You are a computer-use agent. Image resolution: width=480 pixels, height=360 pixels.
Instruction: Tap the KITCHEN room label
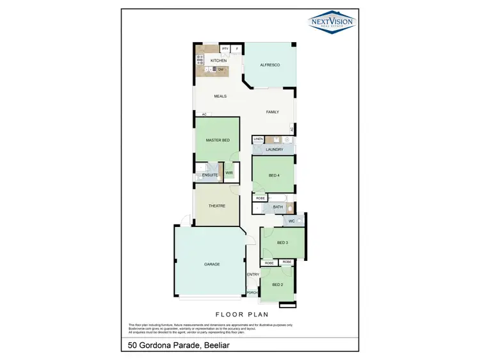pyautogui.click(x=209, y=61)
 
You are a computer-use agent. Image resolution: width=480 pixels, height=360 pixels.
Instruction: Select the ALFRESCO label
pyautogui.click(x=269, y=65)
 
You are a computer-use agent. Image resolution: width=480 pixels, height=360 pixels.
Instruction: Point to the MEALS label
pyautogui.click(x=220, y=97)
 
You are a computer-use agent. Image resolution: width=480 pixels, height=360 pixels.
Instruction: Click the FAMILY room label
pyautogui.click(x=273, y=112)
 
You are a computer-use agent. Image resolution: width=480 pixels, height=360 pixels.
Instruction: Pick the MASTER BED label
pyautogui.click(x=218, y=140)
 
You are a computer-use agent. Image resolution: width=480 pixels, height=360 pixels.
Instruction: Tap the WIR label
pyautogui.click(x=228, y=173)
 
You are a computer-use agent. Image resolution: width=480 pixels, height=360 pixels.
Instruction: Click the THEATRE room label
pyautogui.click(x=217, y=206)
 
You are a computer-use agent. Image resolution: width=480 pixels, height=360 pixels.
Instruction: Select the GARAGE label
pyautogui.click(x=212, y=264)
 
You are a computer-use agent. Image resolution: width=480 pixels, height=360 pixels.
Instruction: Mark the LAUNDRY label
pyautogui.click(x=274, y=150)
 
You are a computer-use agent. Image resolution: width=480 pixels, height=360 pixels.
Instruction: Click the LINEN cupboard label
pyautogui.click(x=258, y=139)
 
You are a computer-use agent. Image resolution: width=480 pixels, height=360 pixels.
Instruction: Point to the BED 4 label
pyautogui.click(x=274, y=175)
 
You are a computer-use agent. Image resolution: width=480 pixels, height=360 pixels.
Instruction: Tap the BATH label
pyautogui.click(x=278, y=207)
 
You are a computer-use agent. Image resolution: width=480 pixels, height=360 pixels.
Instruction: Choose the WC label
pyautogui.click(x=291, y=221)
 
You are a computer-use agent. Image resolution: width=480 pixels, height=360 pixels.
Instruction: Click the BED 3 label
pyautogui.click(x=283, y=243)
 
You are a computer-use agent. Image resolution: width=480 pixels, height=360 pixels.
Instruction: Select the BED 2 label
pyautogui.click(x=277, y=285)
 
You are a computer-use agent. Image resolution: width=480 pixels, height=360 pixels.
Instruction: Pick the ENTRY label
pyautogui.click(x=253, y=275)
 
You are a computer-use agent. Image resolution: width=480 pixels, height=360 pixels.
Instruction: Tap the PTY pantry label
pyautogui.click(x=225, y=48)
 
